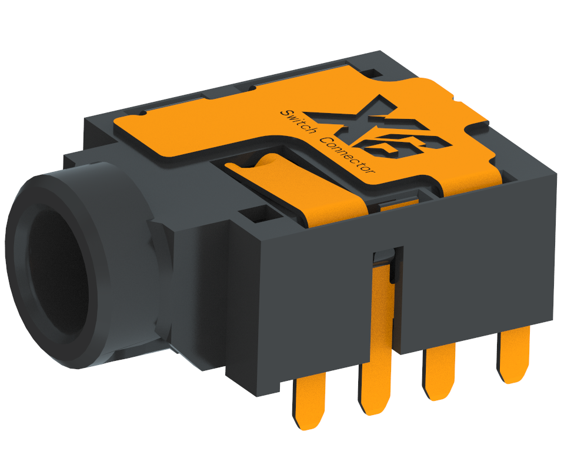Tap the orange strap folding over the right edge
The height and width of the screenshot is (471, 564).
470,183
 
